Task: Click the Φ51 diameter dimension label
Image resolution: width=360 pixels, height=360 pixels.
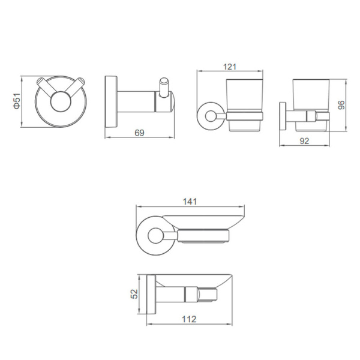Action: (x=17, y=101)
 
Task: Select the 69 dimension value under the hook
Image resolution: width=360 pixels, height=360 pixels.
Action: (x=139, y=133)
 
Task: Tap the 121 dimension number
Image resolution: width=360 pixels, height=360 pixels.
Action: (x=230, y=67)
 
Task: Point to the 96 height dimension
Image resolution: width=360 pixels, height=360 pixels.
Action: (x=341, y=104)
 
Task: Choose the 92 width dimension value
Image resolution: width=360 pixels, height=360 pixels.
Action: (x=304, y=141)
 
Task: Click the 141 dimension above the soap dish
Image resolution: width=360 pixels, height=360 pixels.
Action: (x=190, y=202)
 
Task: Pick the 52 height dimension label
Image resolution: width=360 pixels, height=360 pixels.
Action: (x=134, y=294)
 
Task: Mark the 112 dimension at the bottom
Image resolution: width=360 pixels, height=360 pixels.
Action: (x=189, y=319)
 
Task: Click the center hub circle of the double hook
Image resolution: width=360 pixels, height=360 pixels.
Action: (x=61, y=101)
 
